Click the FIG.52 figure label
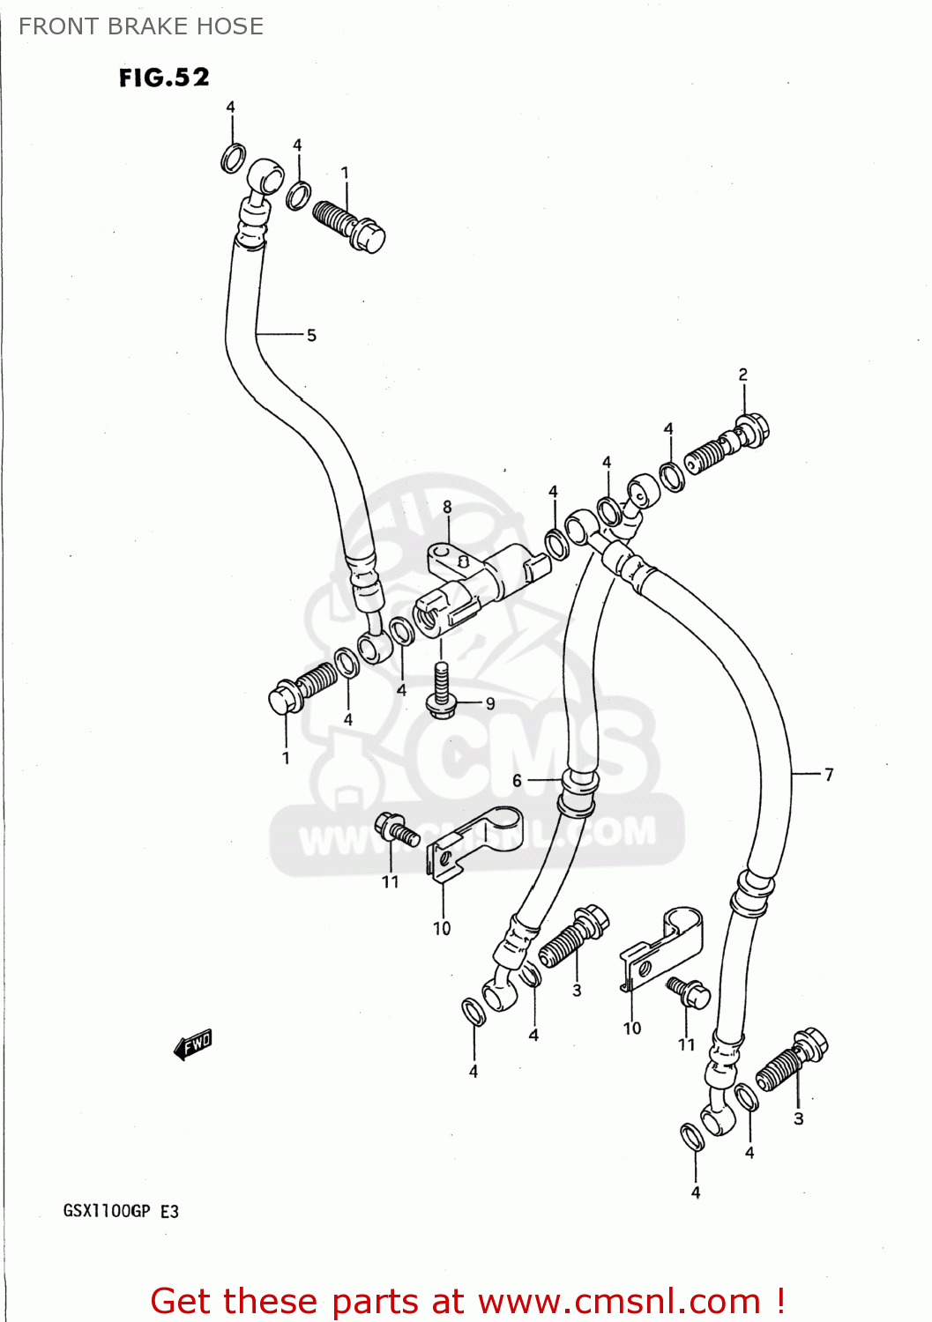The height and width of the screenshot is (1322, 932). (164, 78)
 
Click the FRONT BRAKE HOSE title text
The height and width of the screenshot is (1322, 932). (141, 26)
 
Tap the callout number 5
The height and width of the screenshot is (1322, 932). (311, 335)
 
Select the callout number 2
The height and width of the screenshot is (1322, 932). (742, 375)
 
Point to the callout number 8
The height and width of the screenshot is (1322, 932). (447, 507)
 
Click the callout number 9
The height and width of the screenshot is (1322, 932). (490, 703)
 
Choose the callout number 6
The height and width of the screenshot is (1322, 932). (517, 780)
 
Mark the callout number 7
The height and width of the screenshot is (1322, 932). (829, 775)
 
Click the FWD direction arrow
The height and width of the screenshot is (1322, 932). (193, 1044)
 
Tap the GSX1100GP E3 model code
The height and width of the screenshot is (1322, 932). (121, 1211)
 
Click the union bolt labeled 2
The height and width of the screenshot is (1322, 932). (728, 443)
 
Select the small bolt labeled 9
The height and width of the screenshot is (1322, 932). (442, 688)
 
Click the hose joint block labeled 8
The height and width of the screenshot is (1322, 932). (476, 587)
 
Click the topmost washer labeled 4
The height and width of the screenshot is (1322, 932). (233, 159)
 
